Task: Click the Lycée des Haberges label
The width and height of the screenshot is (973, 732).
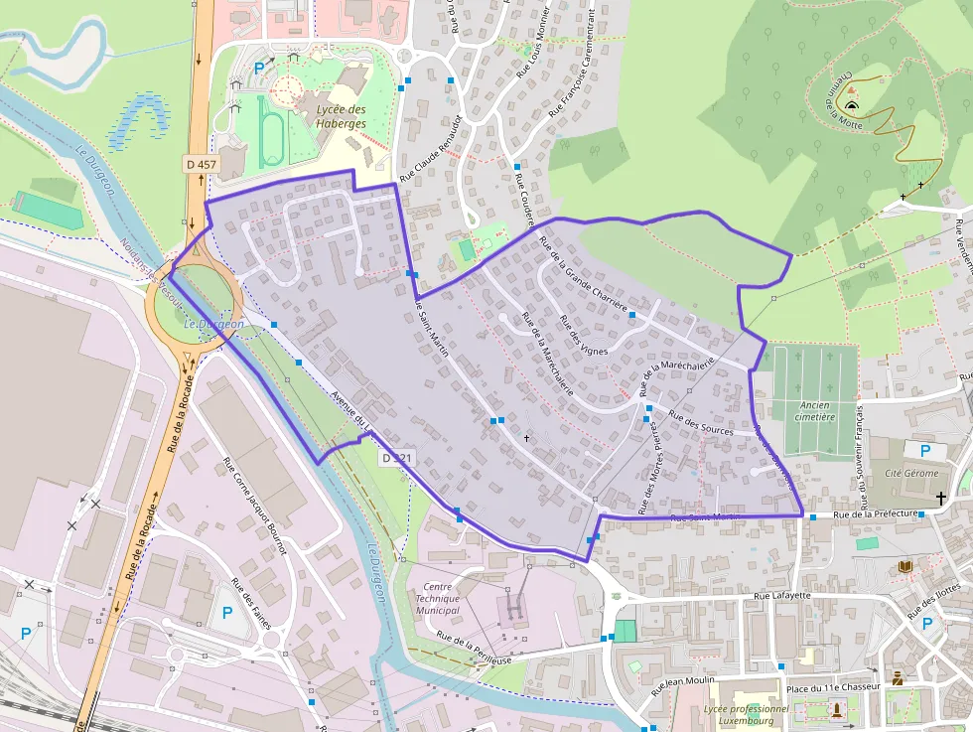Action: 341,116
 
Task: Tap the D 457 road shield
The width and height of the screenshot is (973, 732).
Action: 201,163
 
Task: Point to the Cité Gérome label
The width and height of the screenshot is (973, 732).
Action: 910,473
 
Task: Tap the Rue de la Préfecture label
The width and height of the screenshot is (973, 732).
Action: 874,514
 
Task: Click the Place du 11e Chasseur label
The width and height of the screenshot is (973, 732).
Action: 830,688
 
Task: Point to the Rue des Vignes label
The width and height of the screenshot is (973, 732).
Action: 583,335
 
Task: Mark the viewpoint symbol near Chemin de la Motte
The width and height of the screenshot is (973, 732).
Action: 852,104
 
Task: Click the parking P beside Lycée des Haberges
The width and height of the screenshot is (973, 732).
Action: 260,68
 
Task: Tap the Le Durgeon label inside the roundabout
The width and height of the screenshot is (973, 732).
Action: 213,324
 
